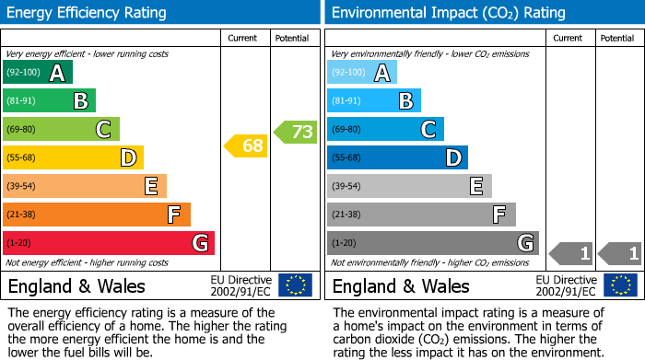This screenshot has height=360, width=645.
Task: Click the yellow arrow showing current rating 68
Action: tap(246, 145)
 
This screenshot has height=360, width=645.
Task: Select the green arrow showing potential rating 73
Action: tap(296, 132)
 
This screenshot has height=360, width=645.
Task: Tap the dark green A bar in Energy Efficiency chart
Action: tap(38, 73)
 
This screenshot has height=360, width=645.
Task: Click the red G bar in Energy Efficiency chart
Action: tap(109, 243)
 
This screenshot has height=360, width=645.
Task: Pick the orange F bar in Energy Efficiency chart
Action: tap(97, 215)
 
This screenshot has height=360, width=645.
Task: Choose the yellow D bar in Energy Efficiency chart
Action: tap(73, 157)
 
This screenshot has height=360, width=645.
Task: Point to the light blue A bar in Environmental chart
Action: tap(362, 73)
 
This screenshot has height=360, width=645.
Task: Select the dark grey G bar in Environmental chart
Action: tap(432, 243)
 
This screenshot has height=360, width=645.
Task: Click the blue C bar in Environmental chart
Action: tap(385, 130)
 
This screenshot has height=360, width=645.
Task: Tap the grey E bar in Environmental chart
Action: tap(409, 186)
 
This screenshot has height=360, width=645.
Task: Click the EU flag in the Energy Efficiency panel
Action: tap(295, 285)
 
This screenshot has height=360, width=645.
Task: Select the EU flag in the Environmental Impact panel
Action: tap(620, 285)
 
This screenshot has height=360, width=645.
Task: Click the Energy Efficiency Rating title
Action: tap(88, 13)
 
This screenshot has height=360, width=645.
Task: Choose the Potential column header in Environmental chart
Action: tap(616, 38)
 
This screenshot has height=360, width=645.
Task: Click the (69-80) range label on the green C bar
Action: tap(22, 130)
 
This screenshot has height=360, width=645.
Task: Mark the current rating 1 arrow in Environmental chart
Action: tap(571, 252)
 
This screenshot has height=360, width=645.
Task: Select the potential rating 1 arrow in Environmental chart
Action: tap(620, 252)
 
